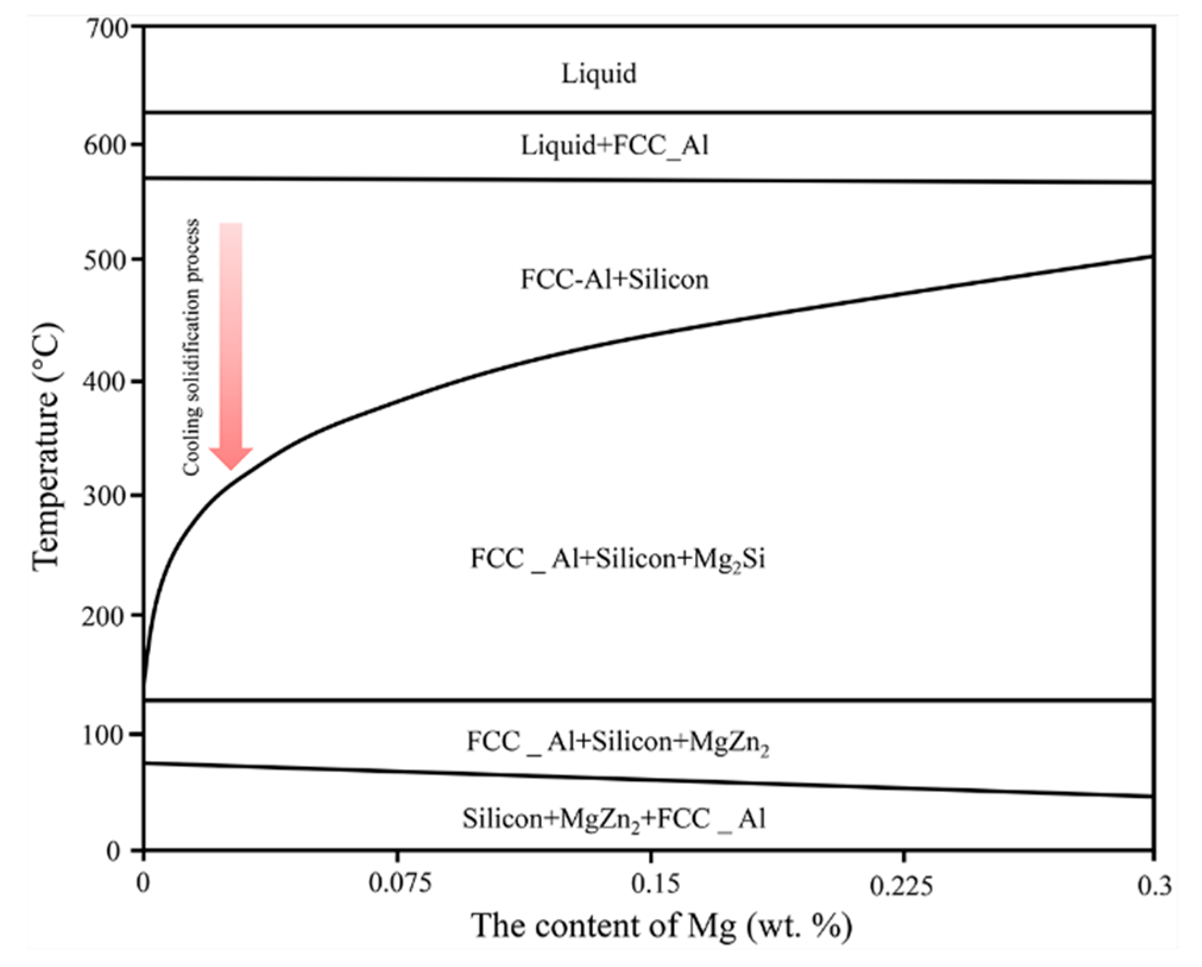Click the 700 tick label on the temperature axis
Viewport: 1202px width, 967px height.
[x=107, y=29]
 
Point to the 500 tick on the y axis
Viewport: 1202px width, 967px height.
[x=107, y=260]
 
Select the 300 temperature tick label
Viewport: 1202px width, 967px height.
[x=107, y=496]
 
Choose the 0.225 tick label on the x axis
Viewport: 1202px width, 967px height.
[x=901, y=885]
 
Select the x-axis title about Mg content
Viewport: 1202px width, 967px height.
[x=662, y=925]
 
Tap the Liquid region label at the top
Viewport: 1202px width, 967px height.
[x=599, y=74]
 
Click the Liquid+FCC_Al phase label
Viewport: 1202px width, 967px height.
[x=614, y=145]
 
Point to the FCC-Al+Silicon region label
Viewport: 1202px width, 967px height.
[x=614, y=279]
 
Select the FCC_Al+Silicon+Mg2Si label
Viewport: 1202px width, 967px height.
[x=617, y=559]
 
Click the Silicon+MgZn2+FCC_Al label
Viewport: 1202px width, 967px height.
[x=614, y=819]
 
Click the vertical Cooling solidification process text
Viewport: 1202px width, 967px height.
[x=191, y=347]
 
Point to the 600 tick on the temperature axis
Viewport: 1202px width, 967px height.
[x=107, y=145]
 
